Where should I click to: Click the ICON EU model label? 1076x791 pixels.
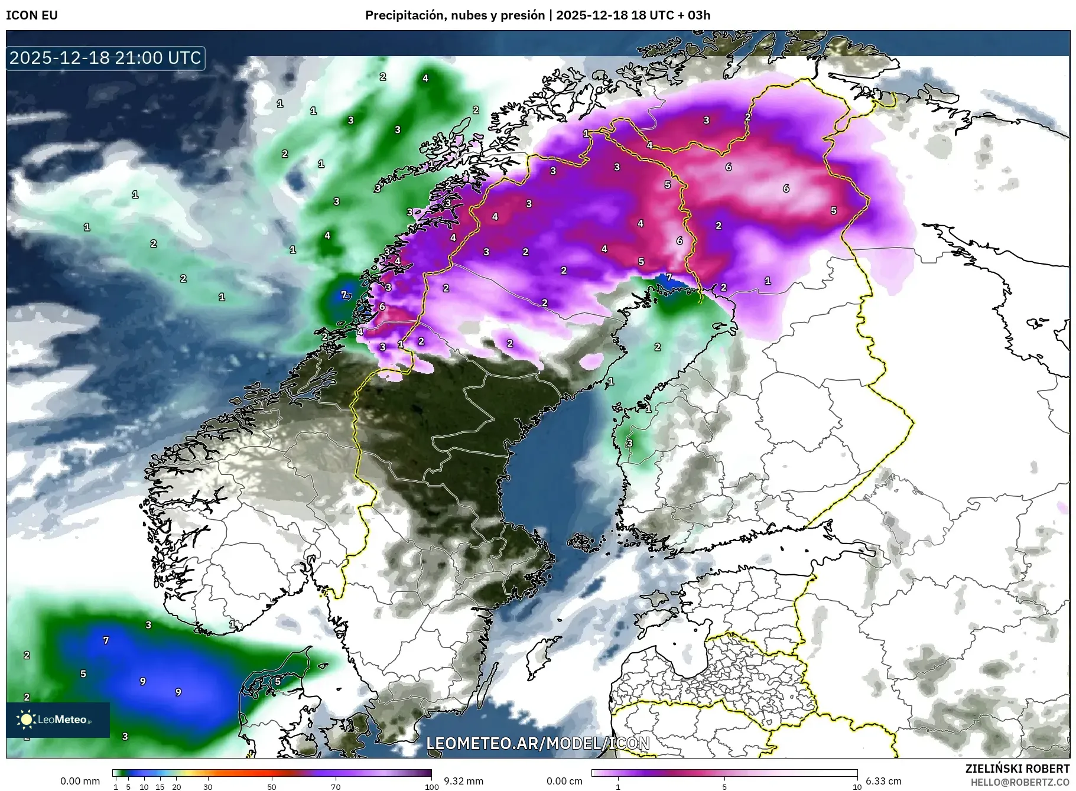(32, 15)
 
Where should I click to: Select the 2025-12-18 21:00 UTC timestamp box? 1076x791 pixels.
(106, 58)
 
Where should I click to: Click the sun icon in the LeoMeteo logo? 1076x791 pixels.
(26, 719)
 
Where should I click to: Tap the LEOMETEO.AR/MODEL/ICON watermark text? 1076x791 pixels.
(538, 743)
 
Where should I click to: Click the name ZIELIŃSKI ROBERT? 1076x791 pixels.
(1018, 769)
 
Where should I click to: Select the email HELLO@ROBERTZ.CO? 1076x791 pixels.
(1020, 782)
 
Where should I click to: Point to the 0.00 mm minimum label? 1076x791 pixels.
(80, 781)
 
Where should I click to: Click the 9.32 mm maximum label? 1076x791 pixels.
(463, 781)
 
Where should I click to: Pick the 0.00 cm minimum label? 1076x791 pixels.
(564, 781)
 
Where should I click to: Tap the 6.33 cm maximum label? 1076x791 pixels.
(883, 781)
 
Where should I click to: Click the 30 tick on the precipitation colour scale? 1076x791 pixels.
(208, 787)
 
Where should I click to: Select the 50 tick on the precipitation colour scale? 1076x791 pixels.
(272, 787)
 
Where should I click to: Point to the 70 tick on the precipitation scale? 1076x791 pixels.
(336, 787)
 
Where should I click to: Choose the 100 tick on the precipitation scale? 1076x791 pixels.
(432, 787)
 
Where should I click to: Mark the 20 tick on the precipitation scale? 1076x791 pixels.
(176, 787)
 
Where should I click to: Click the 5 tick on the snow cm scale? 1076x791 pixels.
(724, 787)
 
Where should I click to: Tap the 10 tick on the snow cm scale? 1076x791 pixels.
(857, 787)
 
